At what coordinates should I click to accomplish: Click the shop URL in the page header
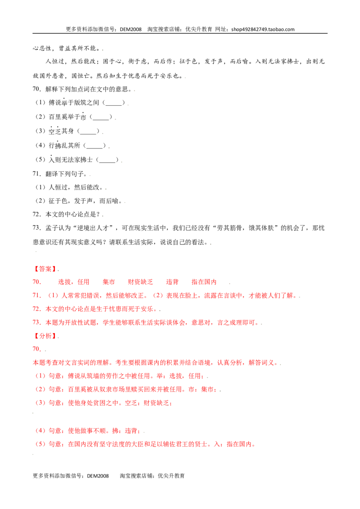point(263,29)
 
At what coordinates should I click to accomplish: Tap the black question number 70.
point(36,89)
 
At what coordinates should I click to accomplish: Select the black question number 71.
point(36,174)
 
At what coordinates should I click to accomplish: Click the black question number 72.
point(36,214)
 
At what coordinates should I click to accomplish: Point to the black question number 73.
point(36,228)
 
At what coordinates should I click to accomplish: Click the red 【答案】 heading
point(45,269)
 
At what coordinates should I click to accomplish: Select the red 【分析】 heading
point(45,336)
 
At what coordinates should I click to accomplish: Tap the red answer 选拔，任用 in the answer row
point(74,282)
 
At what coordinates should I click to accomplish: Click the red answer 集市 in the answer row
point(109,282)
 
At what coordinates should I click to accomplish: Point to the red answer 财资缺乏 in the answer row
point(140,282)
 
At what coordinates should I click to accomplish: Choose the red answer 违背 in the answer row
point(172,282)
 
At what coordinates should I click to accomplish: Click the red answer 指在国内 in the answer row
point(204,282)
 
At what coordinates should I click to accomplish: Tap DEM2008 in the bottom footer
point(98,476)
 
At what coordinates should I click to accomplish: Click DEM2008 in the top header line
point(130,29)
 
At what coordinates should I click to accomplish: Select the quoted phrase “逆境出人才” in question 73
point(94,228)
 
